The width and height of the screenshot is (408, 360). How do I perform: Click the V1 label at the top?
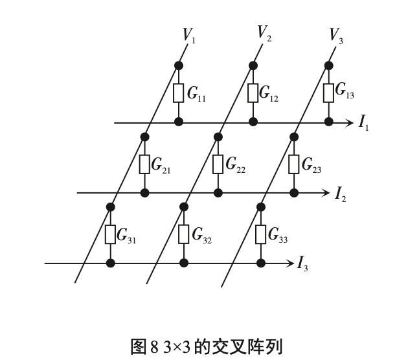(188, 35)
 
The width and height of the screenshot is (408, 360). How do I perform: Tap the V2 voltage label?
(264, 33)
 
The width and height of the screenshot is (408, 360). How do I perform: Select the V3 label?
(335, 35)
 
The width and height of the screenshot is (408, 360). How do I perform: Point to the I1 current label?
(364, 123)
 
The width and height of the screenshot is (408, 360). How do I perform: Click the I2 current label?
(340, 194)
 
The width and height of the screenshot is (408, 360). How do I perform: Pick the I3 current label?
(302, 264)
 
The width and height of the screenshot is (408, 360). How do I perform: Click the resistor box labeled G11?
(179, 93)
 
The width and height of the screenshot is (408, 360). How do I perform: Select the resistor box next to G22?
(218, 164)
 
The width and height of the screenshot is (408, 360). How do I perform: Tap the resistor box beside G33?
(261, 234)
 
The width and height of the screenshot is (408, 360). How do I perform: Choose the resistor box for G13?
(328, 92)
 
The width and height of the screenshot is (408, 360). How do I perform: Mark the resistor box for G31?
(111, 234)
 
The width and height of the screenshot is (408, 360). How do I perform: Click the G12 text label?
(269, 94)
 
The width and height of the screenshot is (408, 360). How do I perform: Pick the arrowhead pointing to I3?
(289, 263)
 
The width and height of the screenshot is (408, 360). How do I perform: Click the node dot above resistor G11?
(179, 65)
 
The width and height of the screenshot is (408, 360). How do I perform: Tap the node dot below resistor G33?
(261, 263)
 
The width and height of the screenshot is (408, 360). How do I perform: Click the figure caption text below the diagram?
(207, 346)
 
